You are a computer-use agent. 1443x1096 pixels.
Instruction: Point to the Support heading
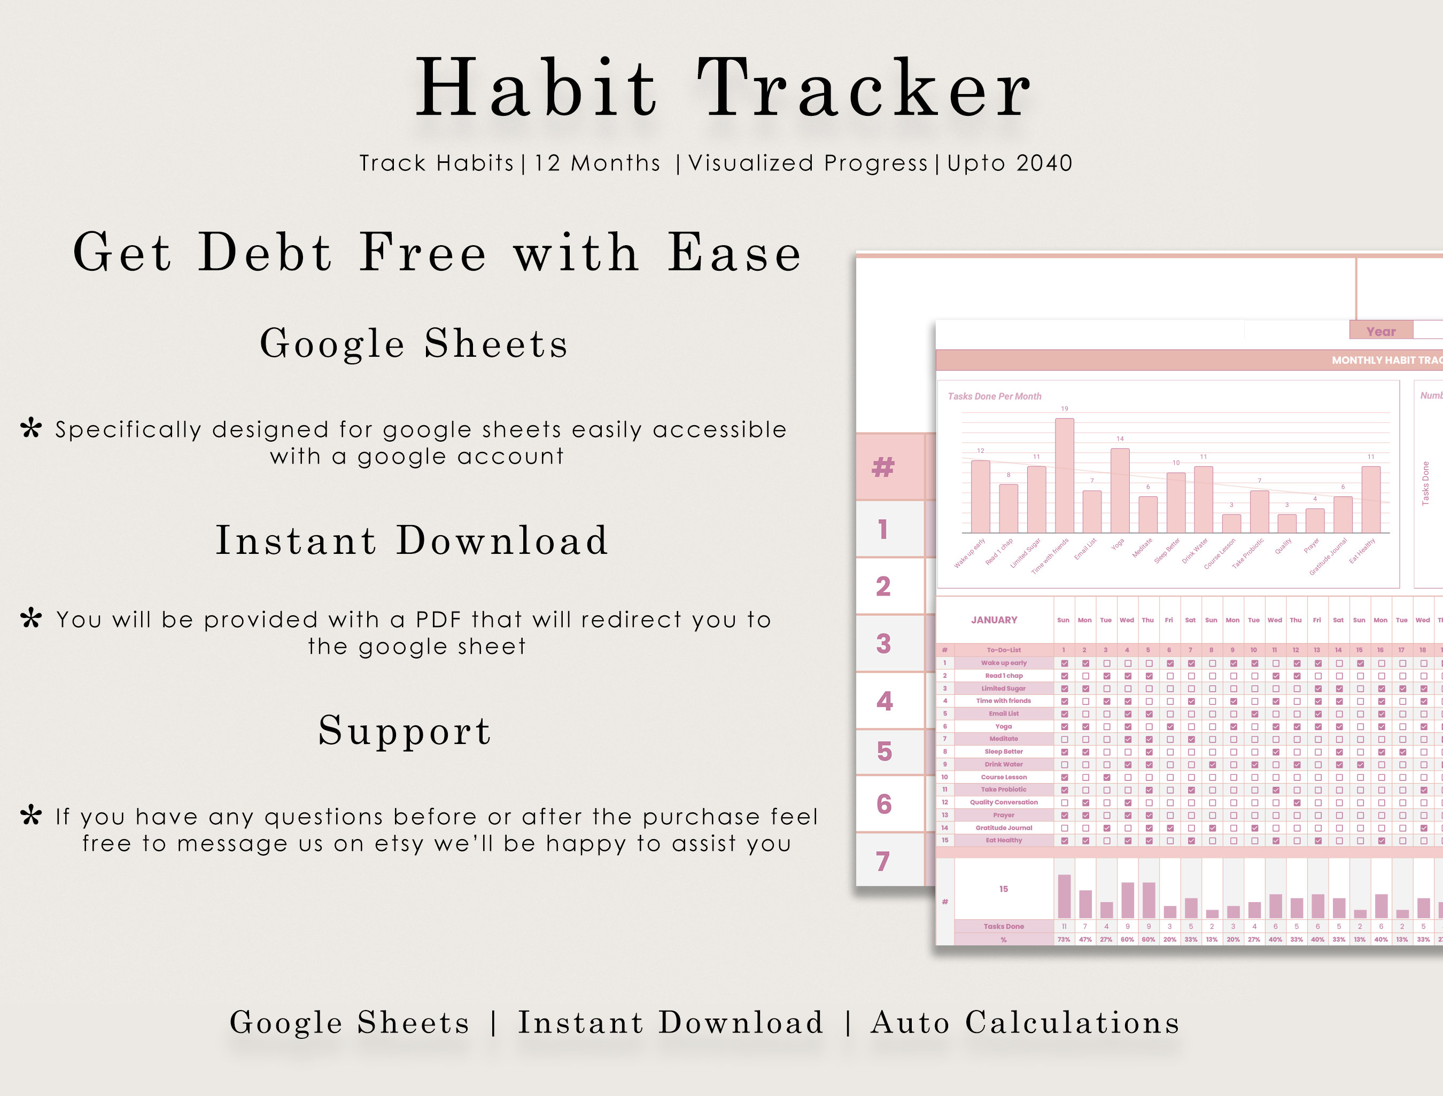[x=405, y=730]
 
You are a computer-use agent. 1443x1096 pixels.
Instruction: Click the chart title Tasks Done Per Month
[x=994, y=396]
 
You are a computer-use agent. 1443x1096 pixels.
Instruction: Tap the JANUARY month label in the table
[x=994, y=620]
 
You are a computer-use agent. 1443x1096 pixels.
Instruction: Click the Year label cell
[x=1380, y=331]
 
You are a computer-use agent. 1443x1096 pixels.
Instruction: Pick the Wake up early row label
[x=1003, y=663]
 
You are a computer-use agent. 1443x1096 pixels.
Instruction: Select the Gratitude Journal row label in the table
[x=1003, y=828]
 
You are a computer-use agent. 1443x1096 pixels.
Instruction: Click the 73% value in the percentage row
[x=1064, y=940]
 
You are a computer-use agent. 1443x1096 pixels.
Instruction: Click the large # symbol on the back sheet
[x=883, y=467]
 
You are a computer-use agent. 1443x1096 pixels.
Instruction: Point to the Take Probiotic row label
[x=1003, y=789]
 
